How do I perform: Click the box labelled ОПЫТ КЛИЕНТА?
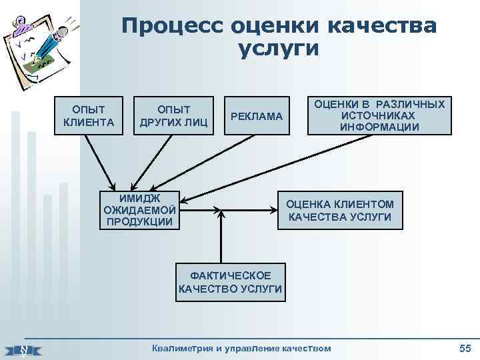tap(89, 116)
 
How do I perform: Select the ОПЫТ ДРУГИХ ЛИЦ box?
tap(173, 116)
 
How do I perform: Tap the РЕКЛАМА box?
tap(256, 117)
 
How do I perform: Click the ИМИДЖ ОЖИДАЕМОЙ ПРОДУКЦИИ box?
tap(140, 209)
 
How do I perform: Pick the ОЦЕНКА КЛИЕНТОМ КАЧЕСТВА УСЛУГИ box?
tap(340, 211)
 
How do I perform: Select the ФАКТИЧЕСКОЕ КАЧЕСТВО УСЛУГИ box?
tap(231, 283)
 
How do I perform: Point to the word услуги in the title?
tap(278, 49)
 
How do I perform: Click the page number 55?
tap(465, 347)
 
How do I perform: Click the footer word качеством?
tap(306, 347)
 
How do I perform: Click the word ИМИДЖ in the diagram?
tap(139, 197)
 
